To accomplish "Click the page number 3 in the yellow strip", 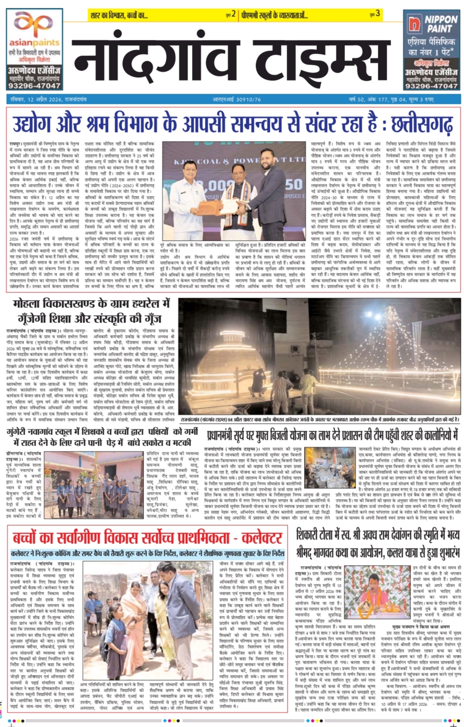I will pyautogui.click(x=377, y=14).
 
